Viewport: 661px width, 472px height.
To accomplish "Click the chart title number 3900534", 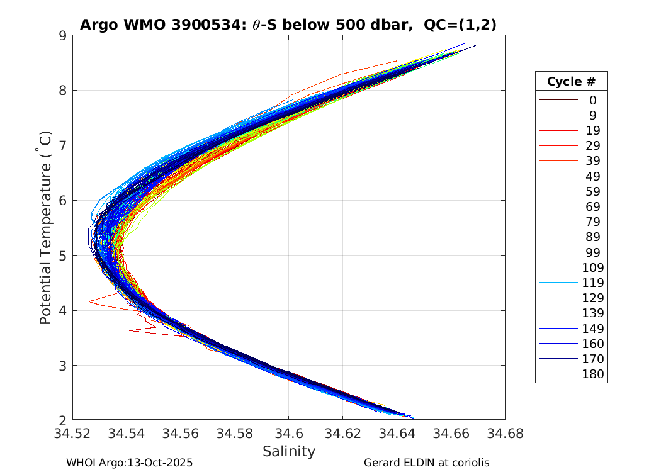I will coord(198,25).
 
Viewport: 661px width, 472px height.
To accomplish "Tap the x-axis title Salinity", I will coord(288,451).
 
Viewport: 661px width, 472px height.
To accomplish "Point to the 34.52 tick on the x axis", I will coord(73,433).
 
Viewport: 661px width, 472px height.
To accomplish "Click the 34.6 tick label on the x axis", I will coord(288,433).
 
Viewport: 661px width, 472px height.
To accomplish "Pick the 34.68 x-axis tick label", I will coord(504,433).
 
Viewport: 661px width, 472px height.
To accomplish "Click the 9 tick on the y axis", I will coord(62,35).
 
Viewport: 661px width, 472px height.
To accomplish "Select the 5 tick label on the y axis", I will coord(62,256).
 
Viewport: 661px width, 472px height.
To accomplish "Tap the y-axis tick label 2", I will coord(62,420).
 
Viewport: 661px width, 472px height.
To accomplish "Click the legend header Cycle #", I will coord(571,82).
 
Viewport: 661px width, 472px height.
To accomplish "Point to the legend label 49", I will coord(592,176).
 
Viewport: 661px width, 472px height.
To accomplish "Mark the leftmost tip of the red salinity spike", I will coord(89,301).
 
